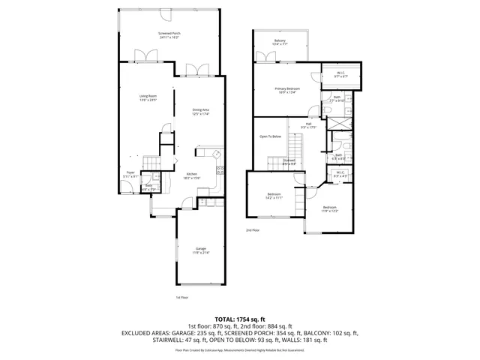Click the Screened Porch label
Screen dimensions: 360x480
[169, 35]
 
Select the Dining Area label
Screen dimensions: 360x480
[200, 112]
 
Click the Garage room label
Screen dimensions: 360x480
[201, 250]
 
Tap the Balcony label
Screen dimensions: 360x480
[280, 42]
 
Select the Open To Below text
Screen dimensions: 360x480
[270, 136]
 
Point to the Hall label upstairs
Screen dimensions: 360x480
[308, 125]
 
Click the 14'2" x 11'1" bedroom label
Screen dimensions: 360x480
[274, 196]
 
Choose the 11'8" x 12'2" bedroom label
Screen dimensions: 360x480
[330, 208]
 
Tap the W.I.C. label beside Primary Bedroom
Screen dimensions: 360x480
[340, 73]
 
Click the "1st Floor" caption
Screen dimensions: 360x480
[181, 297]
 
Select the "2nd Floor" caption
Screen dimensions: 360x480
[252, 230]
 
